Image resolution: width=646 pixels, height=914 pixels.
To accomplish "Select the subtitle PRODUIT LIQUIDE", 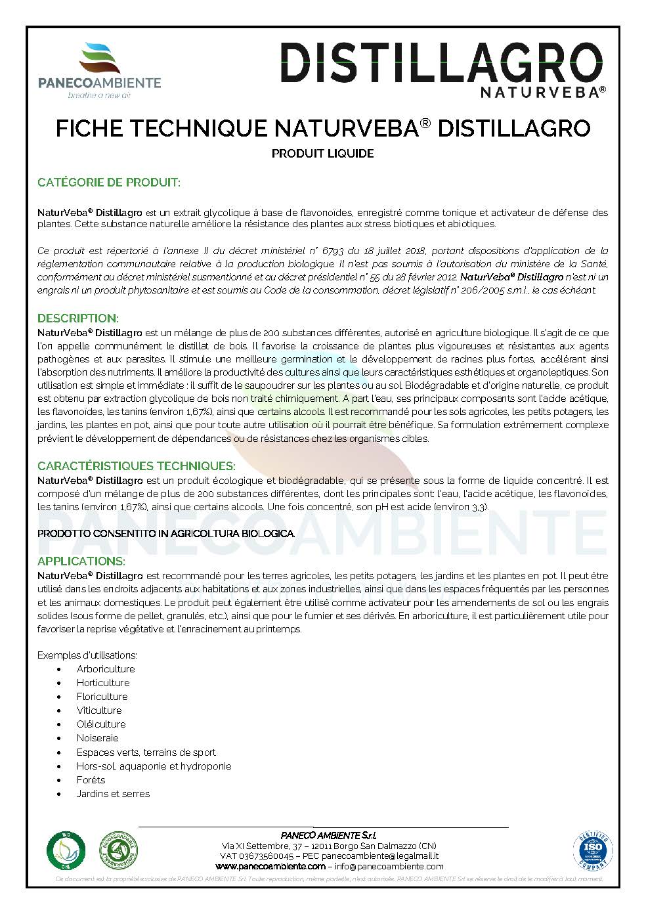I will [322, 154].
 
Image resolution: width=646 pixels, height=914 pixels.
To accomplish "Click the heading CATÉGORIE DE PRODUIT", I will [108, 183].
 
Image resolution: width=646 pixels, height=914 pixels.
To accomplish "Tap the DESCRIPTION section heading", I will [77, 318].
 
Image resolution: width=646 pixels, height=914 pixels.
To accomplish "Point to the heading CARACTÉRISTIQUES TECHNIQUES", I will [136, 466].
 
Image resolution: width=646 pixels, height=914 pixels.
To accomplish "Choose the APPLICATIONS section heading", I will [81, 561].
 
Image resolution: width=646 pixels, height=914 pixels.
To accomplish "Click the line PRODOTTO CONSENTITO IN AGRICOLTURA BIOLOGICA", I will [166, 534].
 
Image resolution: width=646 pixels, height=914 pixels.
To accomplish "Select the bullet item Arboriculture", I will [105, 669].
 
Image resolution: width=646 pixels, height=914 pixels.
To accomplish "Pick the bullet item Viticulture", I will [98, 710].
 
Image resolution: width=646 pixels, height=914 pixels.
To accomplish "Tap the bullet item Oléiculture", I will [100, 724].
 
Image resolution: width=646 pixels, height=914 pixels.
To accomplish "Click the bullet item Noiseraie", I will [97, 738].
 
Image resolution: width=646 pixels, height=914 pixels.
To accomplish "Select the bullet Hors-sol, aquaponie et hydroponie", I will [154, 766].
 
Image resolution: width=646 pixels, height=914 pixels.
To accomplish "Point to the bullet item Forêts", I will [91, 779].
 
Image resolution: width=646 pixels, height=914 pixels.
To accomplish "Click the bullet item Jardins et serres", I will [113, 793].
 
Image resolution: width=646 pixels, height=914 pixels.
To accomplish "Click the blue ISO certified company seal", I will [593, 852].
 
